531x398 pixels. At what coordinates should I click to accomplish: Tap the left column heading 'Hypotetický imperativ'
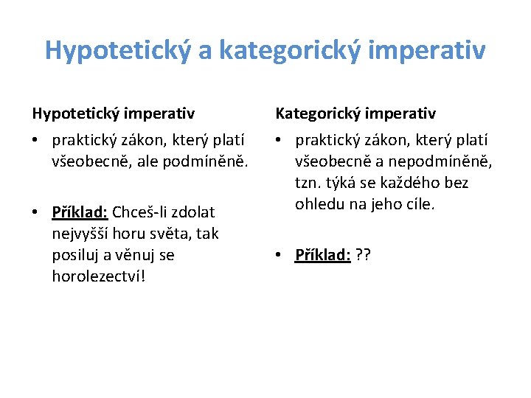point(113,114)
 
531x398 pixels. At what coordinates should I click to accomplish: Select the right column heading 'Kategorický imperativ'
point(355,114)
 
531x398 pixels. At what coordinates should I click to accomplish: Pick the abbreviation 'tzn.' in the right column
point(310,182)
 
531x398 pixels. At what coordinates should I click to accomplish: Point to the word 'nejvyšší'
point(82,234)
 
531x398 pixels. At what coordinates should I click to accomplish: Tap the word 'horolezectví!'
point(99,276)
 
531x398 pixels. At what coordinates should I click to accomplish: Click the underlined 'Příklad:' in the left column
point(80,212)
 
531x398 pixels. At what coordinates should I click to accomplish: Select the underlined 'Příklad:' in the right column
point(323,255)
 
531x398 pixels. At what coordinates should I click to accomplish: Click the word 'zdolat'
point(194,212)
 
